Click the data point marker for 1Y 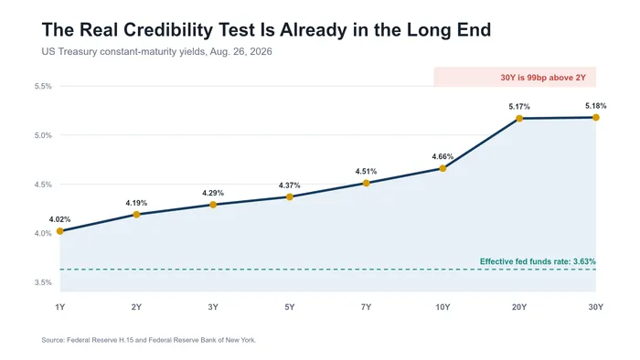(60, 231)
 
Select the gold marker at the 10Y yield (443, 168)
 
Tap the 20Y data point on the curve (519, 119)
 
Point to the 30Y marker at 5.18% (595, 118)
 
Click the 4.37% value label (290, 185)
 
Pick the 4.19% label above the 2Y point (136, 203)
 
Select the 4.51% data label (366, 171)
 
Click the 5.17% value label (519, 107)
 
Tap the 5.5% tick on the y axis (43, 87)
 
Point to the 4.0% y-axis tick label (43, 234)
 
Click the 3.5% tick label (43, 282)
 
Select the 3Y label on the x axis (213, 307)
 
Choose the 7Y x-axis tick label (366, 307)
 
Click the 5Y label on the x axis (290, 307)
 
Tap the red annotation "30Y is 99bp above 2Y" (543, 78)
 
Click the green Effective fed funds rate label (538, 261)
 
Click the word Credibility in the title (168, 30)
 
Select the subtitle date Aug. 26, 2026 (240, 52)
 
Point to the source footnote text (149, 340)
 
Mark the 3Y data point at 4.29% (213, 205)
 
